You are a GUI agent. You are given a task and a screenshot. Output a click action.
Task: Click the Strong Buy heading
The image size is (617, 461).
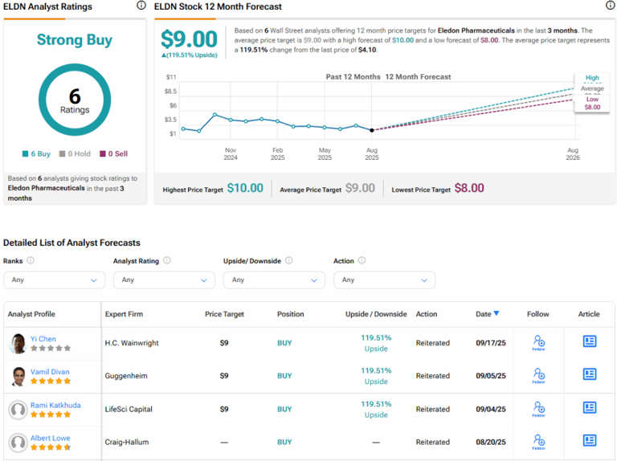click(x=75, y=40)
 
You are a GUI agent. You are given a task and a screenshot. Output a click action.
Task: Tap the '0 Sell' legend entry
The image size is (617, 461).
click(x=113, y=153)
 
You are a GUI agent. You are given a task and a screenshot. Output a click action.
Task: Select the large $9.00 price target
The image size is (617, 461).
click(x=189, y=39)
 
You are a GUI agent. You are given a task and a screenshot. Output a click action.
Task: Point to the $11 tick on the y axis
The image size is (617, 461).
click(x=170, y=77)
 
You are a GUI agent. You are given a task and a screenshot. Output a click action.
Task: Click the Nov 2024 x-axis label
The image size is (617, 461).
click(x=231, y=154)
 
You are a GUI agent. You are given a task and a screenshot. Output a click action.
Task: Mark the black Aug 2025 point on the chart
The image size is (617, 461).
click(x=371, y=130)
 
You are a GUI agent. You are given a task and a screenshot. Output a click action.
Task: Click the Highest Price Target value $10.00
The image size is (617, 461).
click(x=245, y=188)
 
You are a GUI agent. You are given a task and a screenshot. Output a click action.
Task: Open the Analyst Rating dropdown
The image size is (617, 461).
click(x=164, y=279)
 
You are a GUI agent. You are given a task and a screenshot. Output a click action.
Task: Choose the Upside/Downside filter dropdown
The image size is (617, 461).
click(x=274, y=279)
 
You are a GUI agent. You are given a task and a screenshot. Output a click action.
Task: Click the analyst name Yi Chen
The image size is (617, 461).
click(x=43, y=339)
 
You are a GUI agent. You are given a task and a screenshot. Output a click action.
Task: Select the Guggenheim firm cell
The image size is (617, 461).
click(x=127, y=376)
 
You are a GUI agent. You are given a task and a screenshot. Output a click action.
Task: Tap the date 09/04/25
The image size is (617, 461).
click(x=490, y=409)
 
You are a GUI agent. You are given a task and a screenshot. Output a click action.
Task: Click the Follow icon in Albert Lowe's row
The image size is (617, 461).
click(x=538, y=442)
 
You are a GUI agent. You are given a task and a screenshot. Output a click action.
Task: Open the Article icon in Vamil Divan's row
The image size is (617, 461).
click(x=590, y=375)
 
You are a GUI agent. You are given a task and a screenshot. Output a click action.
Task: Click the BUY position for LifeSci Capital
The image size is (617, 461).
click(x=284, y=409)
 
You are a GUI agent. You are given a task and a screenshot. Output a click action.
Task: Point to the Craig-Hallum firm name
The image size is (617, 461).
click(x=126, y=442)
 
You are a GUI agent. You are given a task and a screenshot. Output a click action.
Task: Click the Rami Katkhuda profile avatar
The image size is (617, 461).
click(x=18, y=410)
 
